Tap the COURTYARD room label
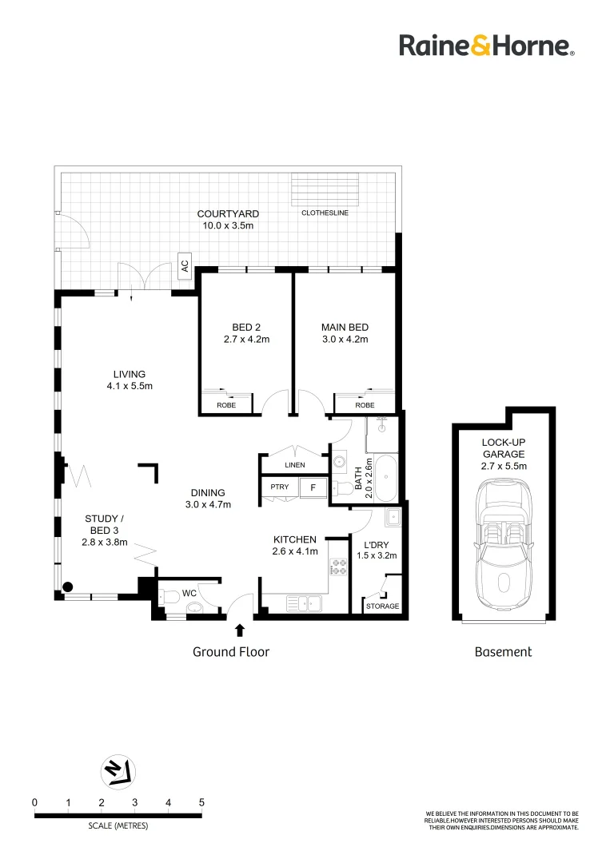[x=228, y=214]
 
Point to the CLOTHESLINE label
[x=325, y=213]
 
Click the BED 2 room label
[x=246, y=328]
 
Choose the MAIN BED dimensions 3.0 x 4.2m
[x=345, y=340]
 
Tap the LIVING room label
[x=130, y=374]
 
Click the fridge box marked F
[x=313, y=487]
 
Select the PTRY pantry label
[x=279, y=487]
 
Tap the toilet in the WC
[x=170, y=595]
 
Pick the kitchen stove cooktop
[x=339, y=567]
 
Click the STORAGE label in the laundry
[x=382, y=606]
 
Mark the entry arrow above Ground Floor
[x=239, y=630]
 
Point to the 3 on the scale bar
[x=134, y=802]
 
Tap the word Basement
[x=503, y=652]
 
